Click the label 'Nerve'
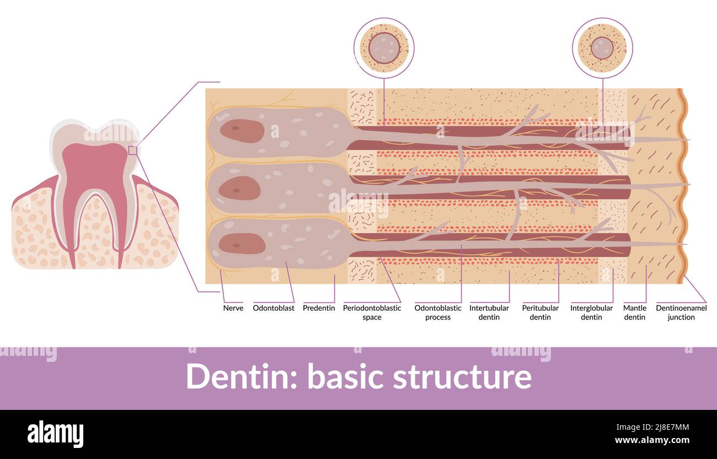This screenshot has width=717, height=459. tap(233, 308)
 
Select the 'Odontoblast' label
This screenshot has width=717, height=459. tap(274, 308)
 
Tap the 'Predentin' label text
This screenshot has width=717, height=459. tap(319, 308)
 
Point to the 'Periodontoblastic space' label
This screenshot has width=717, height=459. tap(372, 312)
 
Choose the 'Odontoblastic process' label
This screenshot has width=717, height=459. tap(438, 312)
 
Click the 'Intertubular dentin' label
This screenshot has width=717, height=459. tap(489, 312)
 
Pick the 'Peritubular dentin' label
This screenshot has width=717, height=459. tap(540, 312)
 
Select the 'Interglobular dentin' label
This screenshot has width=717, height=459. tap(591, 312)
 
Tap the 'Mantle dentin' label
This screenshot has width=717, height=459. tap(634, 312)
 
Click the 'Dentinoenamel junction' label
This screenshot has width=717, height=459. tap(681, 312)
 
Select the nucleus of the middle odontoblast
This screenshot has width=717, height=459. tap(239, 188)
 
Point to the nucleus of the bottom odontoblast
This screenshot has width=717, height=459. tap(242, 243)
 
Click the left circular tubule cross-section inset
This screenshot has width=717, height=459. tap(384, 48)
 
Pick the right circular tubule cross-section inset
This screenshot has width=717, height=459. tap(602, 48)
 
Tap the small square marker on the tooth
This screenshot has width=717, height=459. tap(132, 150)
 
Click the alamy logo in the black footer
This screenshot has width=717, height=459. tap(55, 434)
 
